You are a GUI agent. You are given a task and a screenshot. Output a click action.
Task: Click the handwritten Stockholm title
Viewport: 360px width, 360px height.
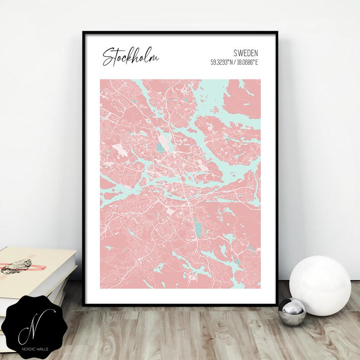click(131, 56)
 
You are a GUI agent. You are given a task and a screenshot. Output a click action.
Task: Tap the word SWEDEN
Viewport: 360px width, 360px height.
click(246, 54)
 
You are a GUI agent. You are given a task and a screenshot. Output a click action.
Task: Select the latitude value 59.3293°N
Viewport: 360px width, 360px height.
click(222, 62)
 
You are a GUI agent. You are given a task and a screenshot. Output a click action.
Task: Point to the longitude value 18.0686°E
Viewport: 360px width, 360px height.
click(247, 62)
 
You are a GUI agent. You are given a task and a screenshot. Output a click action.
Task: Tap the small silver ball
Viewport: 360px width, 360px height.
click(292, 311)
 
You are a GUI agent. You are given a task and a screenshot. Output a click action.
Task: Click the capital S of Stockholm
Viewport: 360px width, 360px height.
click(108, 57)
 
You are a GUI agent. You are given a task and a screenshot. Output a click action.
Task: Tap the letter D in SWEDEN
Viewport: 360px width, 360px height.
click(248, 54)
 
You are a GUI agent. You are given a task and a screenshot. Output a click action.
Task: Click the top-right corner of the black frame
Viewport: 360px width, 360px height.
click(277, 32)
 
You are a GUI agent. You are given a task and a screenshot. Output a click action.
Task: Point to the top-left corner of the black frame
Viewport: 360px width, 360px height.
click(83, 32)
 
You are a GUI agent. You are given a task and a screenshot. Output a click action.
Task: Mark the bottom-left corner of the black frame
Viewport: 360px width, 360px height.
click(83, 303)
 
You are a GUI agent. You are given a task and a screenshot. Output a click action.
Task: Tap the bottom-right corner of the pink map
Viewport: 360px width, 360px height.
click(260, 288)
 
